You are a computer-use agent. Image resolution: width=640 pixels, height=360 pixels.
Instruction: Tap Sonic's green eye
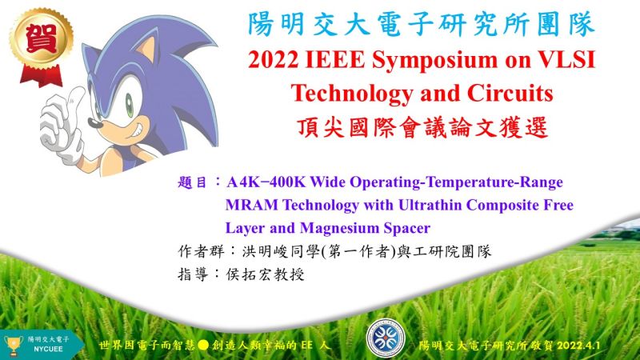pyautogui.click(x=130, y=106)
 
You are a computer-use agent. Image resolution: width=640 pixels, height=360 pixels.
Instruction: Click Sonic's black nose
pyautogui.click(x=95, y=122)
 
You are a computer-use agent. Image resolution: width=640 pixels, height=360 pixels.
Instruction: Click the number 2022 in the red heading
pyautogui.click(x=273, y=60)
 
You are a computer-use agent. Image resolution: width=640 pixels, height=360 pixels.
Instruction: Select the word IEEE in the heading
pyautogui.click(x=334, y=60)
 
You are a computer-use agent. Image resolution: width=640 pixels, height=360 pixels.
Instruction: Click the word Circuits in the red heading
pyautogui.click(x=510, y=93)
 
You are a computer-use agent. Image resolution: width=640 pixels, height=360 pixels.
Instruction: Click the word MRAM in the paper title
pyautogui.click(x=251, y=205)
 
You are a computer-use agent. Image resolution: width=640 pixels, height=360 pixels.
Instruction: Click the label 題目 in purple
pyautogui.click(x=193, y=182)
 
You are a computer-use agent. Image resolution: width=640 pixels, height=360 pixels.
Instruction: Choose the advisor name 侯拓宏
pyautogui.click(x=249, y=274)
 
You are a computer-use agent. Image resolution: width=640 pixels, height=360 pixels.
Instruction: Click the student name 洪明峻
pyautogui.click(x=266, y=251)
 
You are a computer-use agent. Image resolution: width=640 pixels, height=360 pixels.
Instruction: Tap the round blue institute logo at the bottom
pyautogui.click(x=386, y=338)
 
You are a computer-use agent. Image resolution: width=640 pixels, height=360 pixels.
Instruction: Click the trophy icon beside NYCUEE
pyautogui.click(x=13, y=346)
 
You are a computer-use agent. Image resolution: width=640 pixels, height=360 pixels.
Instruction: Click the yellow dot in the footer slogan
pyautogui.click(x=203, y=346)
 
